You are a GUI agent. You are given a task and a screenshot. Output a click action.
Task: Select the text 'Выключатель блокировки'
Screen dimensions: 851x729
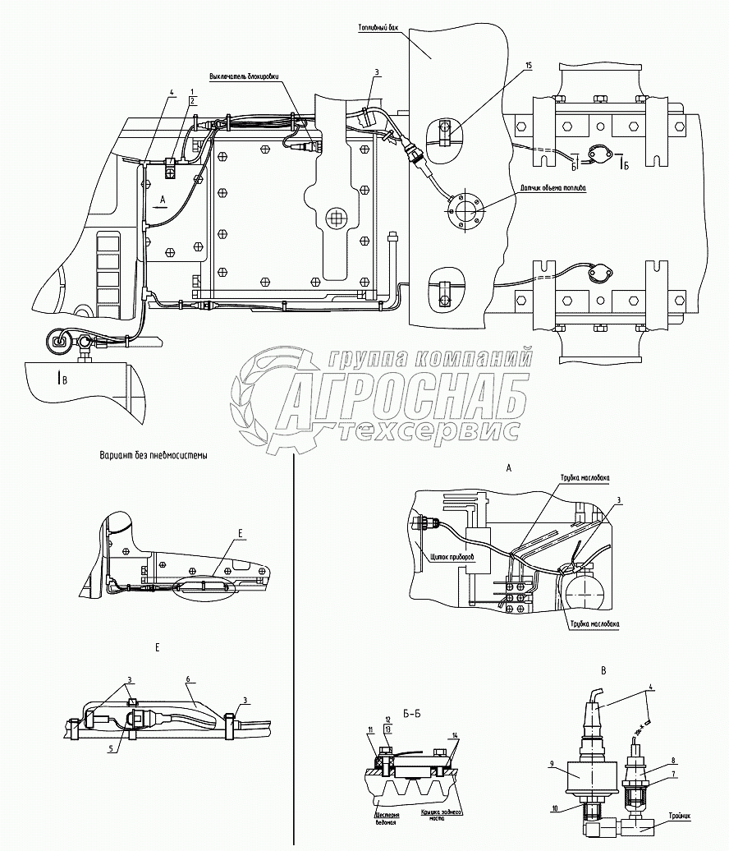245,77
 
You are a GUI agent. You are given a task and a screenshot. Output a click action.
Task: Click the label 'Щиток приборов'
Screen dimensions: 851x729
452,556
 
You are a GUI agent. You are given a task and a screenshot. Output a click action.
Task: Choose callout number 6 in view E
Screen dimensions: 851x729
189,680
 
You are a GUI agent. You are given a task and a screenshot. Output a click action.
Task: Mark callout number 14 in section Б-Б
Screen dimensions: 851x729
456,734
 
